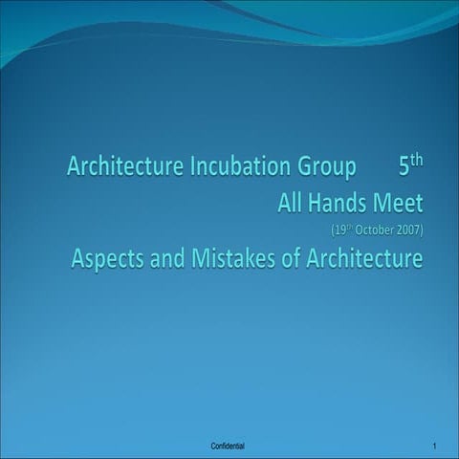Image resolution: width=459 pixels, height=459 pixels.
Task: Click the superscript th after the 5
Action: coord(416,161)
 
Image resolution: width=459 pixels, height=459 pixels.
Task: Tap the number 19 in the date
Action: coord(339,230)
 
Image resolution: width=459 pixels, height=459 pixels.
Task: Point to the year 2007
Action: coord(405,230)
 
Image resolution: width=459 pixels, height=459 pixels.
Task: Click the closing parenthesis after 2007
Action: coord(420,230)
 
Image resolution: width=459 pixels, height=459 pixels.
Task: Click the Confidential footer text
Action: coord(227,447)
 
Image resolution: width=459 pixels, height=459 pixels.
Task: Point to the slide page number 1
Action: coord(434,447)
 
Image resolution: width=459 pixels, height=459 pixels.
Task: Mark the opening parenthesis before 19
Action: coord(331,230)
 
